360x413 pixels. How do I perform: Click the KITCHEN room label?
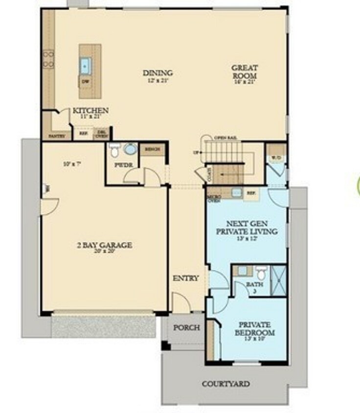point(90,111)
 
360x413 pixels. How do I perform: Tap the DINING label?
point(157,73)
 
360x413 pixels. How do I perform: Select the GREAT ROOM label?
point(245,71)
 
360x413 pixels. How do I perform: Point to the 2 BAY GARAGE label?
point(104,245)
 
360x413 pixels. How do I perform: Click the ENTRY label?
point(186,278)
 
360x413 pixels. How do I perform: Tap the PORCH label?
point(186,327)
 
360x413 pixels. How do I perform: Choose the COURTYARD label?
point(226,384)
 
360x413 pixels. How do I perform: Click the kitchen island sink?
point(86,65)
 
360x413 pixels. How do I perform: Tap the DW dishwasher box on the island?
point(86,81)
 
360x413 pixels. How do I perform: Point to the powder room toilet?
point(115,149)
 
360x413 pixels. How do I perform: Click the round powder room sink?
point(131,149)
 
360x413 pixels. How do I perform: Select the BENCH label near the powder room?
point(152,149)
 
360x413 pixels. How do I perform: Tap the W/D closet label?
point(275,158)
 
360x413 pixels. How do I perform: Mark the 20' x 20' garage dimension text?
point(104,252)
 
